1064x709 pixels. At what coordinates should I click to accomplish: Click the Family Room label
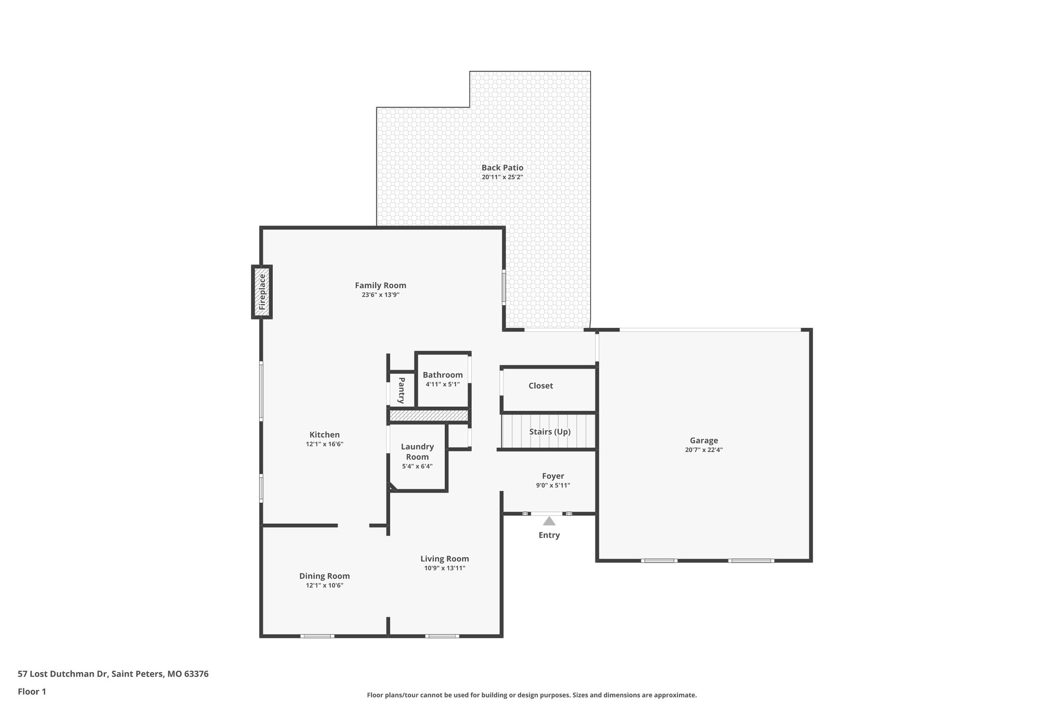pos(380,285)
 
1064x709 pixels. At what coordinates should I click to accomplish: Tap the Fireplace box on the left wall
pos(262,292)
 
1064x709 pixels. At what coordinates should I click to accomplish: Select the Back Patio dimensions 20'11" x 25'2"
pos(502,177)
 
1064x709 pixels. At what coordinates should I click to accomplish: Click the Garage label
pos(703,440)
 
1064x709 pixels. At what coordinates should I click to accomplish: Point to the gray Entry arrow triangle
pos(549,521)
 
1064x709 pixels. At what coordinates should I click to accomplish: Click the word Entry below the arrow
pos(549,536)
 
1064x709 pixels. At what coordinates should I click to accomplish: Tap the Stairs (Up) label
pos(550,432)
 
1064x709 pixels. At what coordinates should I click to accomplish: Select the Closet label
pos(540,385)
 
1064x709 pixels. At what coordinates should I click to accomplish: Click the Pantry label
pos(402,390)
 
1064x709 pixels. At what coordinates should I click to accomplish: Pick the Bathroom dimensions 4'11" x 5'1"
pos(443,384)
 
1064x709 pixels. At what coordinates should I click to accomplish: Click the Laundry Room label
pos(417,451)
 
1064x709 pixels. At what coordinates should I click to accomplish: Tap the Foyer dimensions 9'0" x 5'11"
pos(553,486)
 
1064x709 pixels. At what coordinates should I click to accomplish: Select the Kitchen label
pos(324,435)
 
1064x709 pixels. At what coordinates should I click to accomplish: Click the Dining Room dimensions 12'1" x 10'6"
pos(324,585)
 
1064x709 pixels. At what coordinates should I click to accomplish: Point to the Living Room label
pos(444,559)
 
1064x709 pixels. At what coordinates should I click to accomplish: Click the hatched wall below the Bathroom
pos(429,416)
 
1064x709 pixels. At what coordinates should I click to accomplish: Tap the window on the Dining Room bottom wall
pos(317,636)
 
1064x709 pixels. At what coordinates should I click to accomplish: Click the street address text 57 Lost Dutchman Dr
pos(62,674)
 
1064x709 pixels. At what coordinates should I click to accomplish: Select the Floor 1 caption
pos(32,691)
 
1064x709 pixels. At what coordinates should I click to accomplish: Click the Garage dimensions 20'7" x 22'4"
pos(703,450)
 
